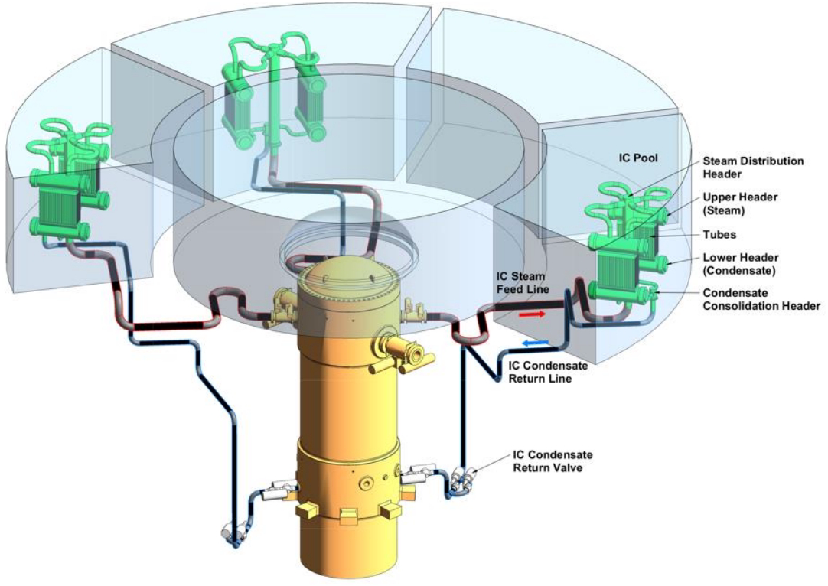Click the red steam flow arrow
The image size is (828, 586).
[x=533, y=314]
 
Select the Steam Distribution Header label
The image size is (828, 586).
[x=753, y=168]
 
